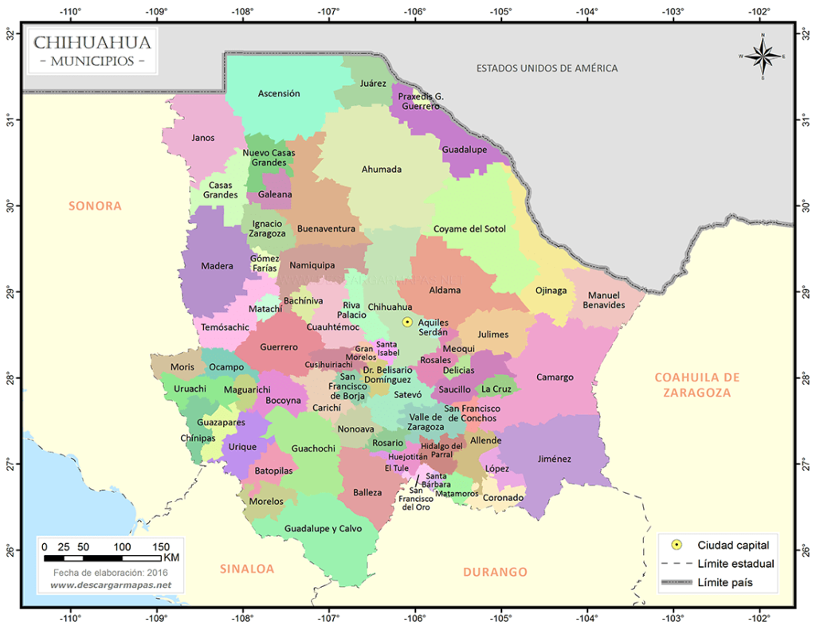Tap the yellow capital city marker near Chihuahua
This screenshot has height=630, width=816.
[x=407, y=322]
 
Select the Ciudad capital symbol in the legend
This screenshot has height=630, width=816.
[x=677, y=545]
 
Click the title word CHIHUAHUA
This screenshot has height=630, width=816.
[x=92, y=42]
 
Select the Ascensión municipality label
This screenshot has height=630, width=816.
[x=279, y=93]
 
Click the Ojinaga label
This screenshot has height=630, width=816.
[x=551, y=290]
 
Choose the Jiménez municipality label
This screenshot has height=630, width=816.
[x=555, y=459]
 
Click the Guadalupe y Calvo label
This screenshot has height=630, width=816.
[x=323, y=528]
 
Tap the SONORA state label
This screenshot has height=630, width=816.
[x=95, y=205]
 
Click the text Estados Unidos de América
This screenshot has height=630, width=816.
[x=547, y=68]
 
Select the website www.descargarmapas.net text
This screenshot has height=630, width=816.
[x=111, y=585]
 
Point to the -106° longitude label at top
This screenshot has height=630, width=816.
[x=414, y=12]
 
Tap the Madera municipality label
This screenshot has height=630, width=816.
[x=217, y=266]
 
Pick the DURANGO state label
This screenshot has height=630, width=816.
[x=495, y=571]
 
